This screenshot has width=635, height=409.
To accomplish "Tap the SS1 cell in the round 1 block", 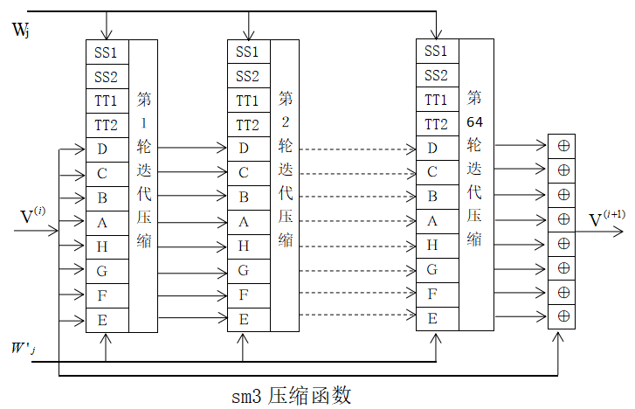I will [107, 52].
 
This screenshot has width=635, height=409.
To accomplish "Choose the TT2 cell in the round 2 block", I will [248, 125].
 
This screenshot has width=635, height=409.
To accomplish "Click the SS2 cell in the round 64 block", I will [436, 76].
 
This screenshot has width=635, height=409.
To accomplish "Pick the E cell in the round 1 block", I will [103, 320].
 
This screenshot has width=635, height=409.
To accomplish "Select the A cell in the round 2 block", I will [244, 222].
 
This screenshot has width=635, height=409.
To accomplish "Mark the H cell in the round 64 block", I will [431, 246].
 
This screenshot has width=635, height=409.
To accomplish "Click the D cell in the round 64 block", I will [431, 149].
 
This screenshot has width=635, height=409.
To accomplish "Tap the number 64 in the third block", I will [474, 120].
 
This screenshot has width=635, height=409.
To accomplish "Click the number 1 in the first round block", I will [144, 122].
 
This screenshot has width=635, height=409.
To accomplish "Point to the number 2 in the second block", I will [285, 121].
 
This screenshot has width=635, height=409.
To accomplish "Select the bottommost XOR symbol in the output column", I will [563, 315].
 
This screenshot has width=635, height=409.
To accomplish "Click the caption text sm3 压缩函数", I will [292, 395].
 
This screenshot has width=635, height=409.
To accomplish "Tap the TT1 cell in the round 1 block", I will [107, 101].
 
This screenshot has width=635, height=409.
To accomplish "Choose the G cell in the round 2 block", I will [244, 271].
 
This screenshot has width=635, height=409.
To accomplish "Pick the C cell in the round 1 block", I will [103, 173].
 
